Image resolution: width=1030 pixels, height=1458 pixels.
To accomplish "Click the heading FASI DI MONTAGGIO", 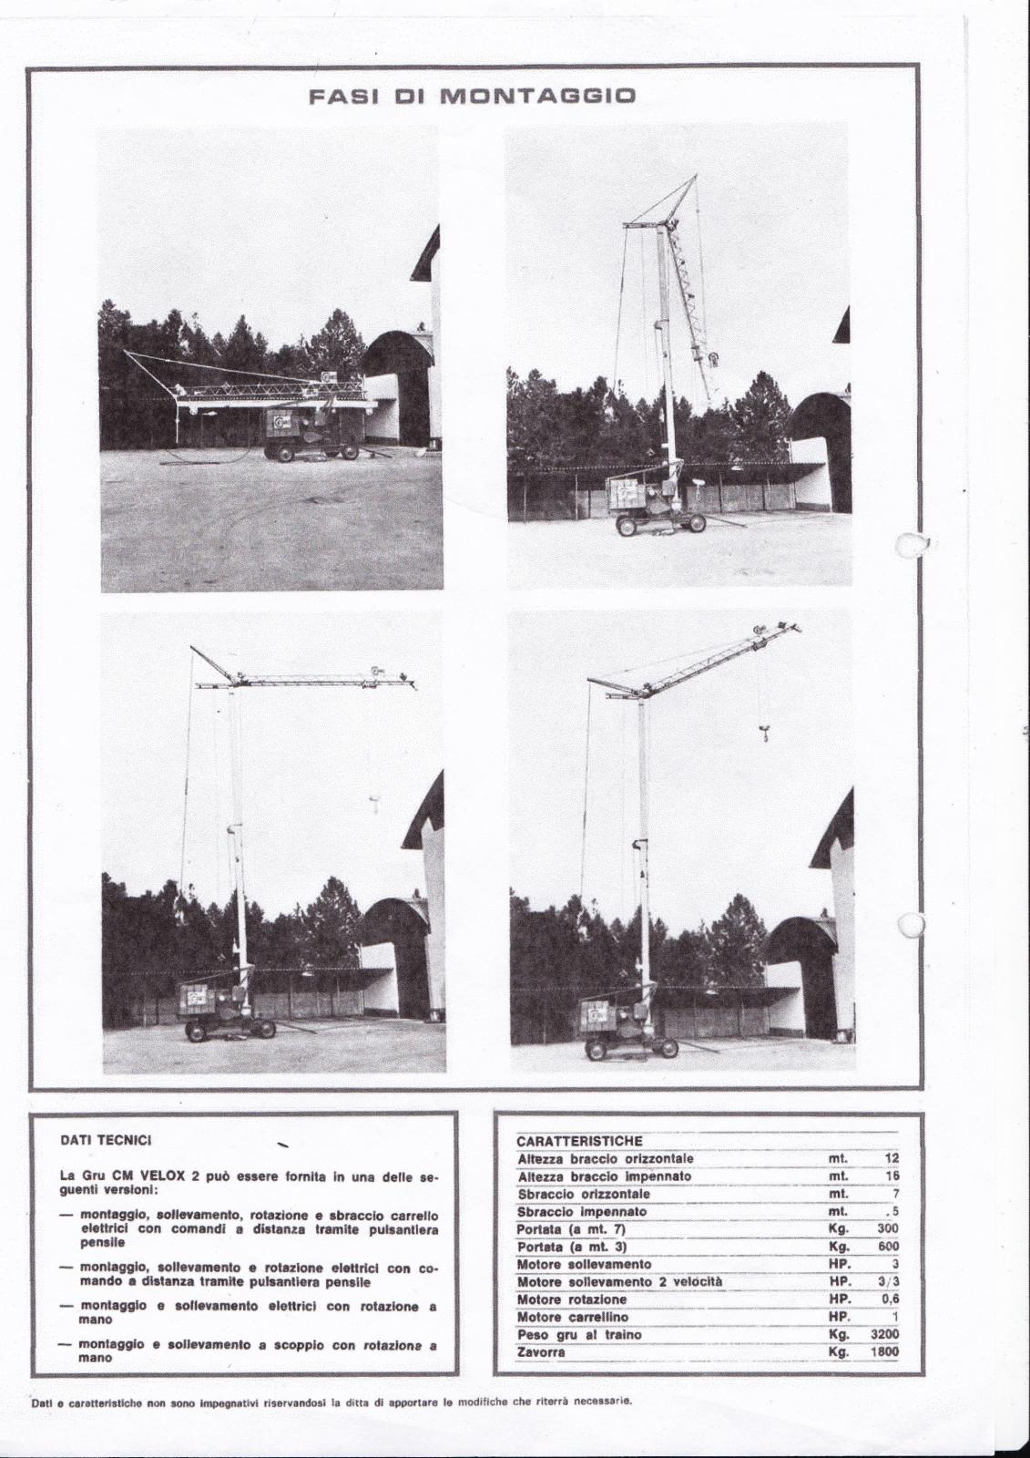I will coord(471,96).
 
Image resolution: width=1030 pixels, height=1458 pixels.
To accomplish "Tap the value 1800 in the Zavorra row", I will coord(882,1352).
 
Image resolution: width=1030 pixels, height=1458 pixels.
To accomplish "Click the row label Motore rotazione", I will coord(572,1299).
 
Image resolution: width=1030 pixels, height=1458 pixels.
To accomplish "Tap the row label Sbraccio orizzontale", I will coord(583,1194).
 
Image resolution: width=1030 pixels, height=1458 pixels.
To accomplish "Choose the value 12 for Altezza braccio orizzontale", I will coord(892,1158).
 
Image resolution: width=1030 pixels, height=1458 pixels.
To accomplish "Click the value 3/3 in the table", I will coord(888,1282).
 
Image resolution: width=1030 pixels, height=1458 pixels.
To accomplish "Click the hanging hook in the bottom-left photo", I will coord(374,801).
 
